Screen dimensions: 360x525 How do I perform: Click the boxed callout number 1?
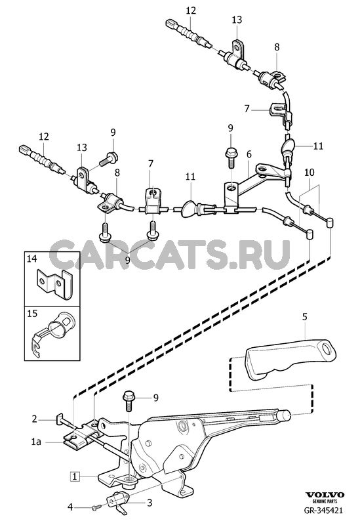click(x=75, y=476)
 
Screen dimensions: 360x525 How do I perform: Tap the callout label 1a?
click(x=36, y=442)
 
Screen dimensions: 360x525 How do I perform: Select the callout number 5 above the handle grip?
click(x=304, y=316)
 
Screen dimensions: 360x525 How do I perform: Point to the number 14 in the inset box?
click(x=31, y=259)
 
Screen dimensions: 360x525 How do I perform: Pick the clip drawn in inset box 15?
click(x=52, y=334)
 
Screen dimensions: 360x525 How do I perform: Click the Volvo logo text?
click(x=325, y=495)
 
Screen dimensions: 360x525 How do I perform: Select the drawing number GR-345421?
click(x=323, y=511)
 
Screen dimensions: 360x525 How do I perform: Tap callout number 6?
click(x=249, y=154)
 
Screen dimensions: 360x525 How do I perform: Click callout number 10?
click(x=310, y=173)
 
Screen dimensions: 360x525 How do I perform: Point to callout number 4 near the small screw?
click(x=70, y=507)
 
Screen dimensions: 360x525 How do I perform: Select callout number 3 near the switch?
click(x=150, y=503)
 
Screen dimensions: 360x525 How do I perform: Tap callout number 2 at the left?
click(x=35, y=419)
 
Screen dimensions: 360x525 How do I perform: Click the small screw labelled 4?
click(x=96, y=507)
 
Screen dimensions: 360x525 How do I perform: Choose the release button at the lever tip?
click(x=284, y=415)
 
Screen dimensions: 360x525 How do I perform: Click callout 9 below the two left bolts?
click(x=127, y=259)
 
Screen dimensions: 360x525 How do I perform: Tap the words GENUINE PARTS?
click(x=325, y=501)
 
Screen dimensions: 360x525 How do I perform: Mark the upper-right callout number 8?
click(x=277, y=47)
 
